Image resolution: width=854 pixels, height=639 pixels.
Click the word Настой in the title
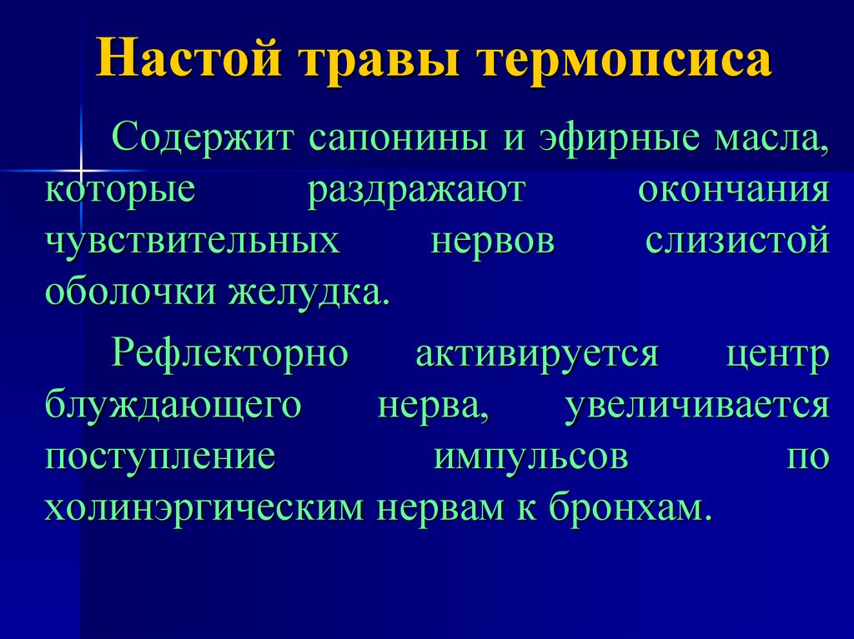189,57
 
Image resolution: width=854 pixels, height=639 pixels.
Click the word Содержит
203,137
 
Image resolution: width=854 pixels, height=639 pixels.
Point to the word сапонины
399,141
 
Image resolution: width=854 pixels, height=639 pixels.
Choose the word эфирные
620,137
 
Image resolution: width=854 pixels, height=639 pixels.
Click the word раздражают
417,192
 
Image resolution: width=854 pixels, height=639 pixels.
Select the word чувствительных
193,240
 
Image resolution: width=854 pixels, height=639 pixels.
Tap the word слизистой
737,240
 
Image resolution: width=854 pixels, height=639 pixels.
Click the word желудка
309,292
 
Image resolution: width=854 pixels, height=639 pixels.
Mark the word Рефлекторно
230,353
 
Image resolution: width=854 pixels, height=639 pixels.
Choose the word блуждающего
173,406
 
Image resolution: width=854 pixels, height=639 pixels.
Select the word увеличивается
697,406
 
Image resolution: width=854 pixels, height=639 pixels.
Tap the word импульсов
531,457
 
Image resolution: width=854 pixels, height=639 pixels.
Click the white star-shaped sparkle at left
81,171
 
